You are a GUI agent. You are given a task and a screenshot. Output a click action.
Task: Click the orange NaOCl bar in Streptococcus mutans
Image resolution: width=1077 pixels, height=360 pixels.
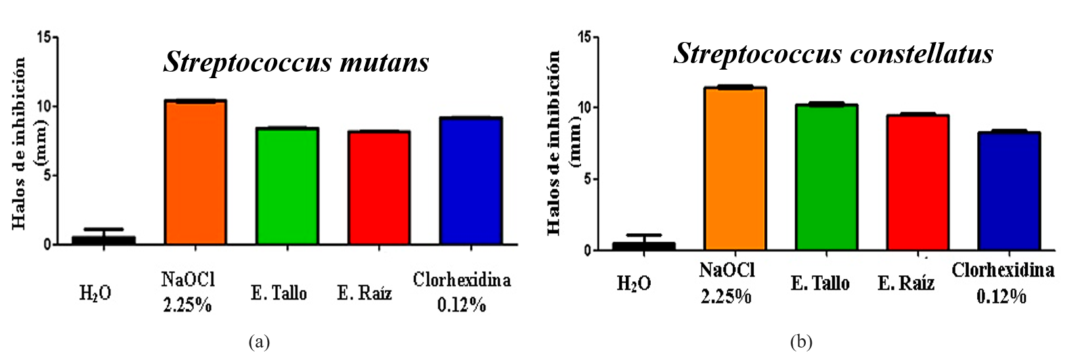195,173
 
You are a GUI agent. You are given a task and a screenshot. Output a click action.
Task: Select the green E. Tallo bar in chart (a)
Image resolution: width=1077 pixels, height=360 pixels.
287,187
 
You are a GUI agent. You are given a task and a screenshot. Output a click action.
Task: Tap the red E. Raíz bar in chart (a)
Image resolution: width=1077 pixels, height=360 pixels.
379,188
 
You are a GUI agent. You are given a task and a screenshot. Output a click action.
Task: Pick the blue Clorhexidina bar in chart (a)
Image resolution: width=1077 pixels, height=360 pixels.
471,181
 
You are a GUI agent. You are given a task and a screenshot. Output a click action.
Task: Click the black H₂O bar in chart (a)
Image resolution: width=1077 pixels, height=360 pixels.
103,240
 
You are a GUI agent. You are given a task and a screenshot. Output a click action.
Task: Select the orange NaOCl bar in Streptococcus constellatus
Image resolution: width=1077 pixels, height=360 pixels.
735,169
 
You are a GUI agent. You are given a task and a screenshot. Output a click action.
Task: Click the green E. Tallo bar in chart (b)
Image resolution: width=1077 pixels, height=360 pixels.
826,177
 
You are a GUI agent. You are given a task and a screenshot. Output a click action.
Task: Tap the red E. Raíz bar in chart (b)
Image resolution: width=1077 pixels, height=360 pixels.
917,183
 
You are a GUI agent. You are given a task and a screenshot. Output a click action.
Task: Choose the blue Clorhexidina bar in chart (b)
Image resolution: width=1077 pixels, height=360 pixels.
1009,191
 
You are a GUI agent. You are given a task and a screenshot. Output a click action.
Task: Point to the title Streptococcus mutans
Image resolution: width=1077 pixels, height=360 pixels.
296,62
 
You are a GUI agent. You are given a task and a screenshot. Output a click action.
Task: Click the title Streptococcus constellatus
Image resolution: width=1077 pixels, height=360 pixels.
833,53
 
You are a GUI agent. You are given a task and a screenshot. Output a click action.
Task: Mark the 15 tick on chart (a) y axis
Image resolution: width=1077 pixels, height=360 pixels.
45,37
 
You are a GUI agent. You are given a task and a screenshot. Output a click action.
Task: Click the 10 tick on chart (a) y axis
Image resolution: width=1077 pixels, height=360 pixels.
45,106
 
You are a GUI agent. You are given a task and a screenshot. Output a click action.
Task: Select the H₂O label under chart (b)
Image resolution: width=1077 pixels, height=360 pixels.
634,284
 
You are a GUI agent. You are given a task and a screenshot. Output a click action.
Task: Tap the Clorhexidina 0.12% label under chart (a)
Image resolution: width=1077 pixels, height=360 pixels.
462,292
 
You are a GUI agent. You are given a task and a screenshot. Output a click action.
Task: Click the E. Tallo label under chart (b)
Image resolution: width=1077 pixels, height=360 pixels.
820,283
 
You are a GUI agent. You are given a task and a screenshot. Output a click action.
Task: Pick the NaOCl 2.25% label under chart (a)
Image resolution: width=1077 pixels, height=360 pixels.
188,292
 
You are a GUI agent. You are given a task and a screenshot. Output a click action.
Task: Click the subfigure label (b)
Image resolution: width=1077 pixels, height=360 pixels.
801,342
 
